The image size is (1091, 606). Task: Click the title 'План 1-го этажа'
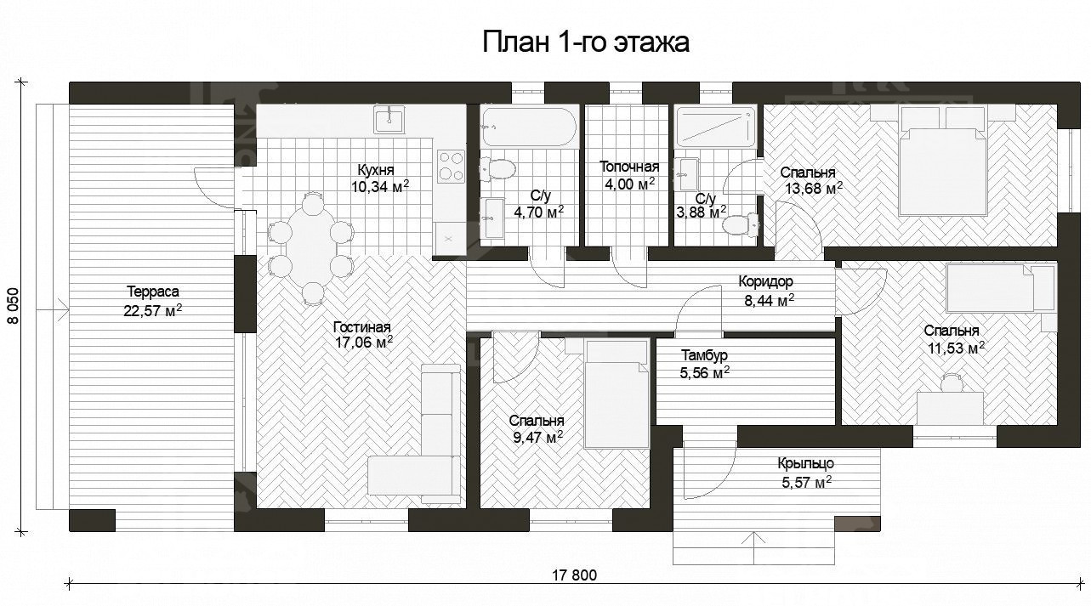pos(586,42)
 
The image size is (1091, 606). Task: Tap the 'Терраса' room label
pos(154,291)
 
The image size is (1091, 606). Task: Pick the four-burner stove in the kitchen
pos(451,166)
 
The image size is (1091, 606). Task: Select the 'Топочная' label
pos(629,167)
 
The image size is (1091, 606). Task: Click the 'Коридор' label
pos(765,281)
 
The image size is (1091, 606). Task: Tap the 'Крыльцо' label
pos(804,464)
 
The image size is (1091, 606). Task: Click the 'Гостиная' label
pos(362,326)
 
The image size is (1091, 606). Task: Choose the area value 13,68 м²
pos(813,188)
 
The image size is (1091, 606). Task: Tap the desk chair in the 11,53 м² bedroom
pos(949,385)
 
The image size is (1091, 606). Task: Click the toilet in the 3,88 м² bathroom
pos(741,224)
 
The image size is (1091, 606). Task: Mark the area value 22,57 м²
pos(153,311)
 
